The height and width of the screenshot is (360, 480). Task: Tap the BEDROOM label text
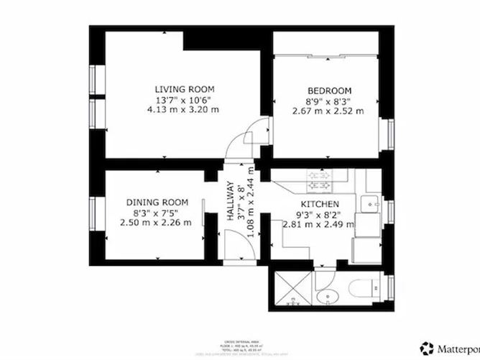tap(329, 91)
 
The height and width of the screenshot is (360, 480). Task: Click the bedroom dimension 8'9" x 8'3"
tap(329, 101)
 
